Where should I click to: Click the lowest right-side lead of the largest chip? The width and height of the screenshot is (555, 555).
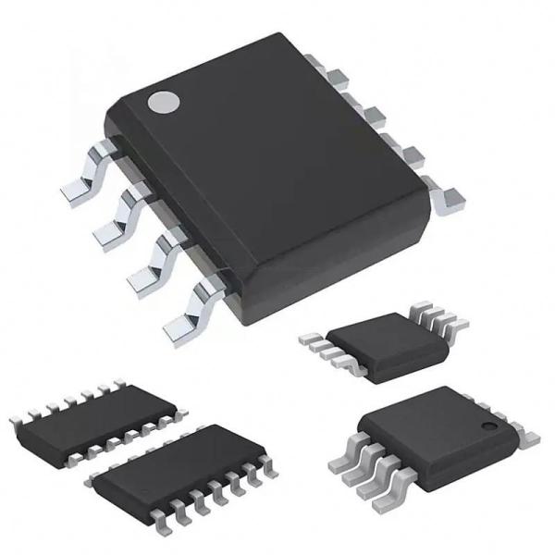click(x=450, y=197)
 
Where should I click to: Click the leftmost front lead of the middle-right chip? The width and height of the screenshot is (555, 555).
click(x=311, y=341)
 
